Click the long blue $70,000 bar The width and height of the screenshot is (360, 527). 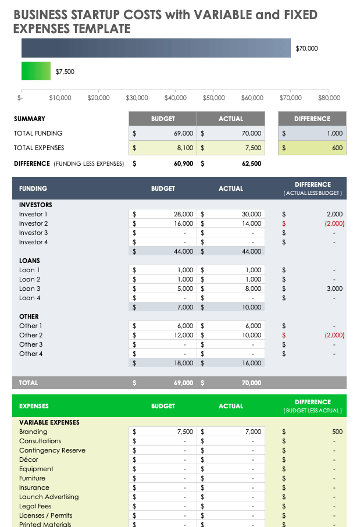tap(156, 48)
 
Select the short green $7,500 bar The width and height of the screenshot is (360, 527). tap(35, 71)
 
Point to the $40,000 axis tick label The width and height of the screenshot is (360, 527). tap(175, 98)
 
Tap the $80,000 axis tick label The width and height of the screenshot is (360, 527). tap(329, 98)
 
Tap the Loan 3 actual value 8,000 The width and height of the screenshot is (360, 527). tap(253, 289)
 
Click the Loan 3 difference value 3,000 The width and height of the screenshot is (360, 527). tap(334, 289)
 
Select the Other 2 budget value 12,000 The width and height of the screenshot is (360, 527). tap(183, 335)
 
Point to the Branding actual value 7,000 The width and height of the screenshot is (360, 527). tap(253, 432)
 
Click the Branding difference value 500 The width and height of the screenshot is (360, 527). tap(337, 432)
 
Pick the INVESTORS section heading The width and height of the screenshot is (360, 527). tap(35, 205)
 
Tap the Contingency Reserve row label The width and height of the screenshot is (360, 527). tap(52, 450)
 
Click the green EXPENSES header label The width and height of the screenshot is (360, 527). tap(34, 406)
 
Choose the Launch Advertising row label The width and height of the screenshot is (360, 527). tap(49, 497)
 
